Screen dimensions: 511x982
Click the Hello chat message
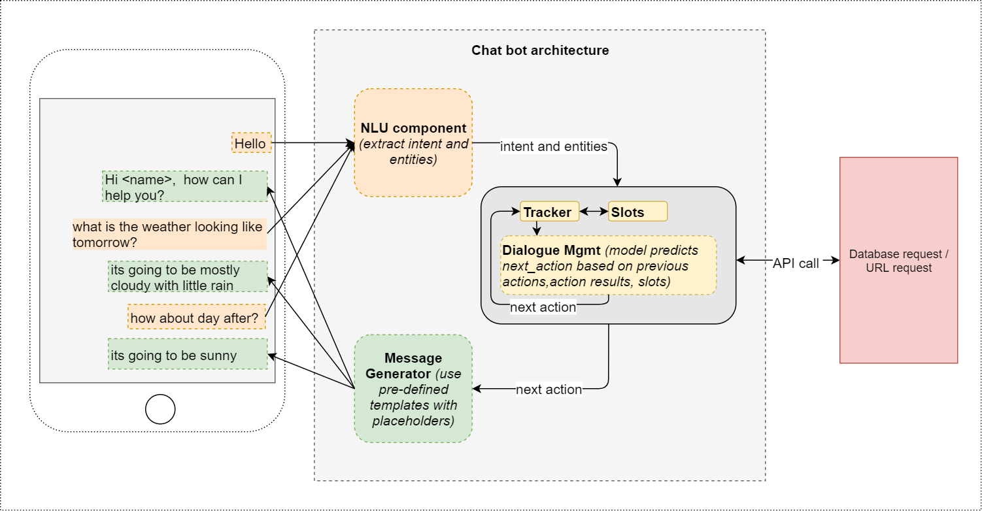pos(251,143)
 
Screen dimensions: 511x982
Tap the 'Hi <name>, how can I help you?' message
pos(185,187)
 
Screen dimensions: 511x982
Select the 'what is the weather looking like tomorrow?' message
pos(169,235)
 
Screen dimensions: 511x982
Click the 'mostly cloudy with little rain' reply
pos(188,277)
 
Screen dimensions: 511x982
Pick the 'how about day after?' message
pos(196,318)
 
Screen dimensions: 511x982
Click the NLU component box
pos(413,143)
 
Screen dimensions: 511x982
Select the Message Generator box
pos(413,389)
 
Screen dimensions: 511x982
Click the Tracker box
pos(549,212)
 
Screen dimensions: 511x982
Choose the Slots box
pos(637,212)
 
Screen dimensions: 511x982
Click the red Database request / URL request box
pos(898,260)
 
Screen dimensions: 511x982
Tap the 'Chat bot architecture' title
pos(540,50)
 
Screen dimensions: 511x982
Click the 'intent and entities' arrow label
pos(554,146)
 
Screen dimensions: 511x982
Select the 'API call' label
pos(796,264)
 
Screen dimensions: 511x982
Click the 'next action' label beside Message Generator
pos(549,389)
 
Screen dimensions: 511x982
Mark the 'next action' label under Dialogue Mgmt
pos(543,307)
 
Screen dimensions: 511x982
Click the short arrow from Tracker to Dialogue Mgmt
pos(537,228)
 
